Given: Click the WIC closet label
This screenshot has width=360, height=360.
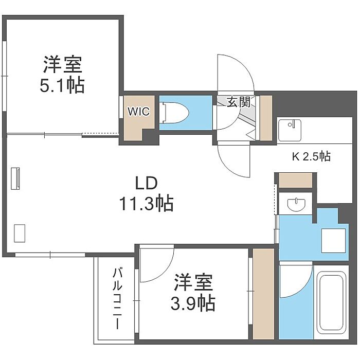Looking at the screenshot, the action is tap(139, 112).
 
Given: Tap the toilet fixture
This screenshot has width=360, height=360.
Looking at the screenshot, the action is tap(175, 113).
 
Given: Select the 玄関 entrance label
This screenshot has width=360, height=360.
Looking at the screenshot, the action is tap(239, 102).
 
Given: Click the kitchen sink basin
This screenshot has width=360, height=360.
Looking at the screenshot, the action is tap(290, 130).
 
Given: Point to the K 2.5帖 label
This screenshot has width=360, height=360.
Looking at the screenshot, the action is tap(311, 156).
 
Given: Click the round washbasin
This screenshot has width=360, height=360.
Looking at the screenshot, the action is tap(297, 204).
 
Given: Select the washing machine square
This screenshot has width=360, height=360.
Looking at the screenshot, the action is tap(333, 240).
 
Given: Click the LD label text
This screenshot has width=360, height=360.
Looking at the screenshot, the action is tap(146, 183).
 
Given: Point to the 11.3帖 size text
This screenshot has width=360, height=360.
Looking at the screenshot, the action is tap(146, 203).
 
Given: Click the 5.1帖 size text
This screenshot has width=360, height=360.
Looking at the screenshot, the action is tap(62, 85).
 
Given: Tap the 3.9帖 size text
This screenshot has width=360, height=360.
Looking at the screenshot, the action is tap(193, 303).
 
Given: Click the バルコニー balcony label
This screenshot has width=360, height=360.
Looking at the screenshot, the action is tap(117, 299).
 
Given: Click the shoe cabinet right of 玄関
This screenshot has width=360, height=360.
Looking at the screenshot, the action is tap(266, 118).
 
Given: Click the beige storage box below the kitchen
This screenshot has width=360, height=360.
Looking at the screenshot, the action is tap(296, 181).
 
